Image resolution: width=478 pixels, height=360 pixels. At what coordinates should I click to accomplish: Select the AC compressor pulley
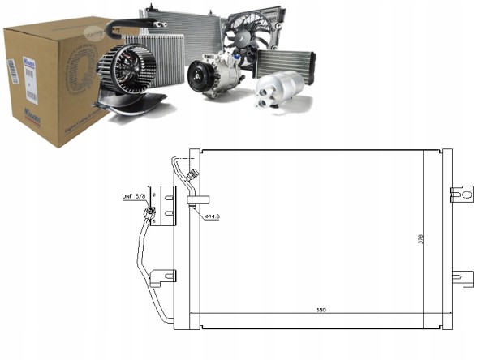200,78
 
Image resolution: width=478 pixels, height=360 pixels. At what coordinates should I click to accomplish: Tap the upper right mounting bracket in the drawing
461,194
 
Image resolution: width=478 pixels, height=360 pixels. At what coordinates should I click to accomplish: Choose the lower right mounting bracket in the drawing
461,278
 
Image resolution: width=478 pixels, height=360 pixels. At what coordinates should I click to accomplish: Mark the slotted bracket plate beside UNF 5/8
167,206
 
